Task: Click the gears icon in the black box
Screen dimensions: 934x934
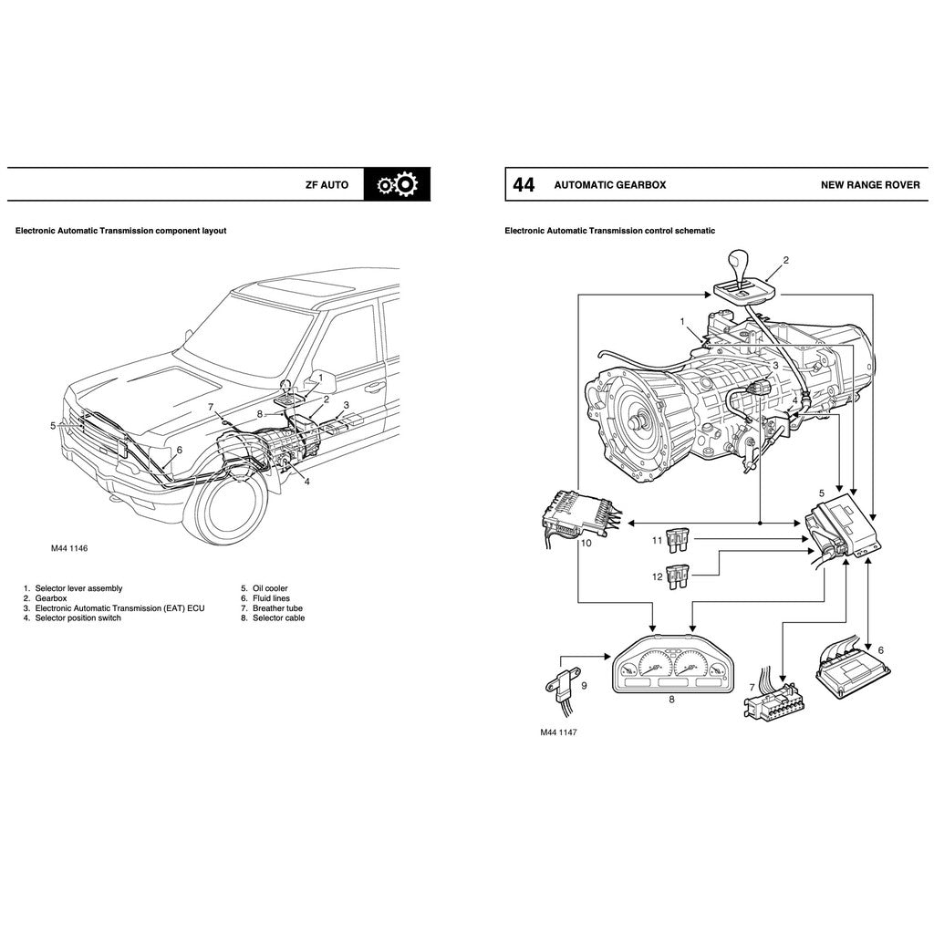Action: point(397,184)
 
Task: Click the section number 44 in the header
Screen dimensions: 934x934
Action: point(524,185)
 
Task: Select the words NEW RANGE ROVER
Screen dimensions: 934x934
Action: point(870,185)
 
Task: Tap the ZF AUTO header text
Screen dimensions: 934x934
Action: point(327,185)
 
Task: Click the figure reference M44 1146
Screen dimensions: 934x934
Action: point(69,549)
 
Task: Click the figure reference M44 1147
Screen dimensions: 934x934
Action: point(559,732)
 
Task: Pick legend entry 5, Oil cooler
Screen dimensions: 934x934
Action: point(265,589)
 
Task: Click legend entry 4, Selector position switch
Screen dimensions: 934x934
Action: point(72,618)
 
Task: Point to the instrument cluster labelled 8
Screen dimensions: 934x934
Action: point(672,673)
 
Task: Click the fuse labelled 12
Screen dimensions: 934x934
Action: point(678,577)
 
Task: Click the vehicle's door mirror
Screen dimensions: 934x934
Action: point(323,380)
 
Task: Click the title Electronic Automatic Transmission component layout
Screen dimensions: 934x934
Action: point(120,231)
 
